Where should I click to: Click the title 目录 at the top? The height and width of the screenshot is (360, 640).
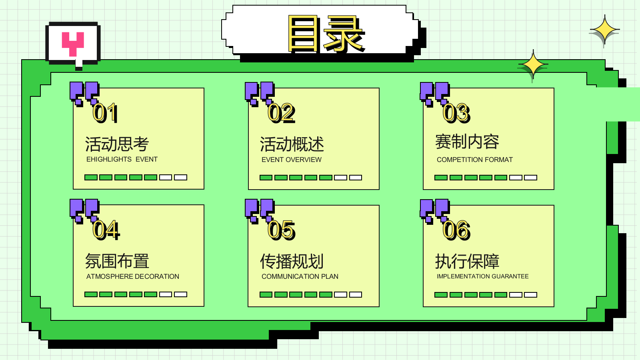326,34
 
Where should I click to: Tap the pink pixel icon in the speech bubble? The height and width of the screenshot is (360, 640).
73,44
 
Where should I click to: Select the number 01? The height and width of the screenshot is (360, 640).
105,113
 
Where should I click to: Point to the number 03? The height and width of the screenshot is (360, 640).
456,113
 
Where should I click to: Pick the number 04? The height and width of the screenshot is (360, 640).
106,230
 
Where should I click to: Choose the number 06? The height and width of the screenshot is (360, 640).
456,230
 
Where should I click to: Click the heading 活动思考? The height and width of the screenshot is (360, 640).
117,144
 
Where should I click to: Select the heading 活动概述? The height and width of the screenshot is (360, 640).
292,144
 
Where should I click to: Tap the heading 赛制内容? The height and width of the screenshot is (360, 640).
467,142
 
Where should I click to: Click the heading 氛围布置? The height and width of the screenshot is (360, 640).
117,261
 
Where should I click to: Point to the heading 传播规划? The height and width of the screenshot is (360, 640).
292,261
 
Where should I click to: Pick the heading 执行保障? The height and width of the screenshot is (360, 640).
467,261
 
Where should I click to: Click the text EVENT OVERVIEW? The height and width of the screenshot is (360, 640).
292,160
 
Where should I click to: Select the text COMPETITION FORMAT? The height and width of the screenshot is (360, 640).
474,160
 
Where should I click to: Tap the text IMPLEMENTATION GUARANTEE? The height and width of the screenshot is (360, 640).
482,276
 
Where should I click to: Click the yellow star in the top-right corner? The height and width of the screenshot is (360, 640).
604,30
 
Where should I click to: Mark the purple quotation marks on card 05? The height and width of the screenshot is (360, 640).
260,210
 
